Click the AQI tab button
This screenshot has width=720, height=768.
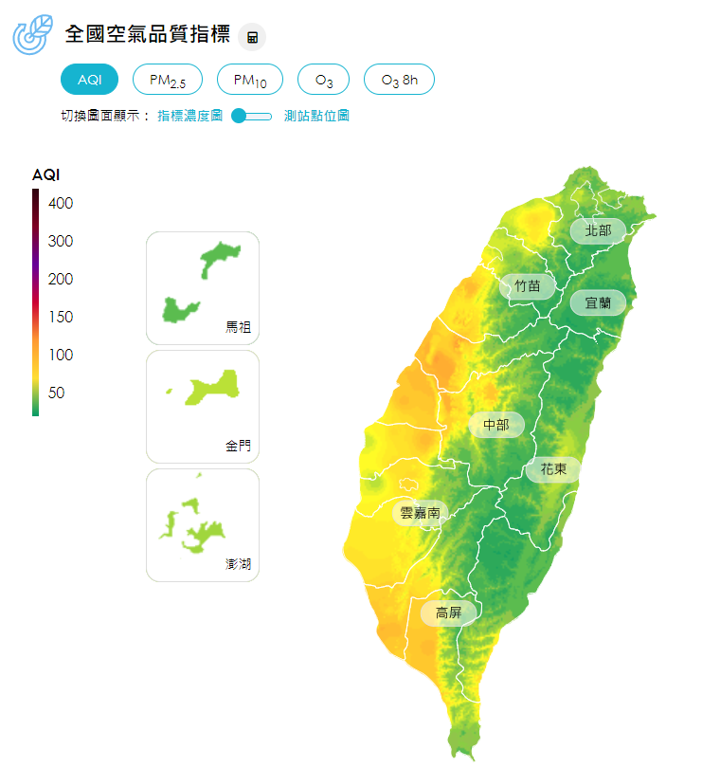[90, 80]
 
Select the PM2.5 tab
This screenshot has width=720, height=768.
[168, 80]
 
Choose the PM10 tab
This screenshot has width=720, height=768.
[250, 80]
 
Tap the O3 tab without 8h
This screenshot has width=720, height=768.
[324, 80]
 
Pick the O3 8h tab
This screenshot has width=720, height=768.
[399, 80]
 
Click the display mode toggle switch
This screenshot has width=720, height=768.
[251, 116]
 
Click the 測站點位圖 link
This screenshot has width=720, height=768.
[316, 116]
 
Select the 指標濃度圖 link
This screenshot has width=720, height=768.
[189, 116]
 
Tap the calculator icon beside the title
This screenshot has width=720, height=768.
[253, 37]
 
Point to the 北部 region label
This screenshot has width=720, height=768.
[598, 230]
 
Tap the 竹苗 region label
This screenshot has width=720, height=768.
[528, 285]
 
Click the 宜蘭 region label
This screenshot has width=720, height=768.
[598, 303]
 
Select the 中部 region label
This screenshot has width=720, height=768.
[496, 425]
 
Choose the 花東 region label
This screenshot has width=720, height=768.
[553, 469]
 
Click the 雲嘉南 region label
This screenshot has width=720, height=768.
[420, 513]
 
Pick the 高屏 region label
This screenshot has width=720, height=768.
[448, 613]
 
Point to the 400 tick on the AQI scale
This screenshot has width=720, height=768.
[61, 203]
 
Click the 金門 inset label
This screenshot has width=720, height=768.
[239, 446]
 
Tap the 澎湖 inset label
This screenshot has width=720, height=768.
[239, 564]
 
